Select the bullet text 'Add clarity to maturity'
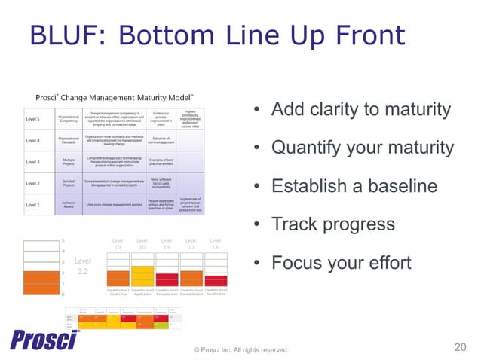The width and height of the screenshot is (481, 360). pyautogui.click(x=360, y=110)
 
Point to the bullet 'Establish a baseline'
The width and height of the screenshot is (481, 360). pyautogui.click(x=354, y=186)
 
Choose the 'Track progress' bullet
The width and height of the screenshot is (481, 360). pyautogui.click(x=332, y=224)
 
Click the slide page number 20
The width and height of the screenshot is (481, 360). pyautogui.click(x=461, y=347)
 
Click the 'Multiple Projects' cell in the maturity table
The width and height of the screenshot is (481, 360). pyautogui.click(x=68, y=162)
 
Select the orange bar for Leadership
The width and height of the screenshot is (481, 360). pyautogui.click(x=117, y=279)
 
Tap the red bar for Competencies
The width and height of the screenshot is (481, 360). pyautogui.click(x=166, y=280)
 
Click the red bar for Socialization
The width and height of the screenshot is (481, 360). pyautogui.click(x=216, y=282)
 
